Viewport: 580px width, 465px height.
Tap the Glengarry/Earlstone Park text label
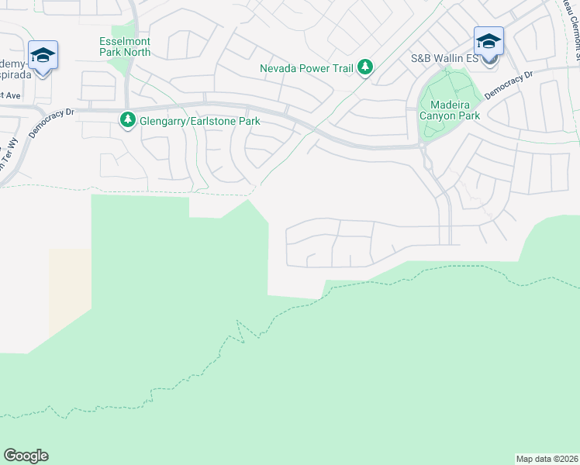[199, 121]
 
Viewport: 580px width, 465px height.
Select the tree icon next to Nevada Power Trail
[365, 68]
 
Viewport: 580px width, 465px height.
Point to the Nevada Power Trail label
[306, 68]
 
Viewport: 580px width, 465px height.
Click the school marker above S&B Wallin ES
[489, 43]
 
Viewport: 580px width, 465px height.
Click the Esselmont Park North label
[125, 46]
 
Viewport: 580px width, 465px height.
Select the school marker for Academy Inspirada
[43, 57]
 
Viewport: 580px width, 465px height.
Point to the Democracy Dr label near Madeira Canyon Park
[509, 85]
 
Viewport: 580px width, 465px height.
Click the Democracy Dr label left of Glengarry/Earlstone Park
[51, 122]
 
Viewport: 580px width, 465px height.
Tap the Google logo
[26, 456]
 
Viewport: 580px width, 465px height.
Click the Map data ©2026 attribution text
[546, 459]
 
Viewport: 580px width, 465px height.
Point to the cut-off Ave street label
[10, 95]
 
